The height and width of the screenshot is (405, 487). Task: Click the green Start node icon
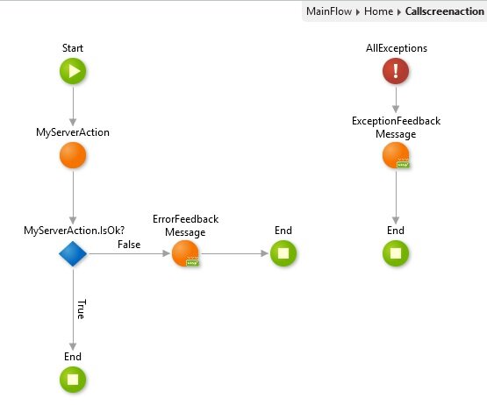pyautogui.click(x=73, y=71)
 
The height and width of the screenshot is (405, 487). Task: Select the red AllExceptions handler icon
pyautogui.click(x=396, y=71)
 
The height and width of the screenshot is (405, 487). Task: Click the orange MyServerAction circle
pyautogui.click(x=73, y=155)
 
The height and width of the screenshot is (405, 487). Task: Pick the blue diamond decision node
pyautogui.click(x=73, y=253)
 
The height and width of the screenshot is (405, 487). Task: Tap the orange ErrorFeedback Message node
pyautogui.click(x=185, y=253)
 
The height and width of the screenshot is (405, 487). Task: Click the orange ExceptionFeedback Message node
pyautogui.click(x=396, y=155)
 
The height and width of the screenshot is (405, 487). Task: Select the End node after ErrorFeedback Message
pyautogui.click(x=283, y=253)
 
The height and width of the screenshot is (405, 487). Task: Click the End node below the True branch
pyautogui.click(x=73, y=380)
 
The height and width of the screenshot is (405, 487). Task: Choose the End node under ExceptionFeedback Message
pyautogui.click(x=396, y=253)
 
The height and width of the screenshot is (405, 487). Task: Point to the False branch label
pyautogui.click(x=129, y=245)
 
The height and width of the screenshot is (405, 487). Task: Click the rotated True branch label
pyautogui.click(x=82, y=309)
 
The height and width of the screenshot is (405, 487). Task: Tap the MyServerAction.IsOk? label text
pyautogui.click(x=75, y=231)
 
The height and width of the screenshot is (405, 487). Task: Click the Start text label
pyautogui.click(x=73, y=48)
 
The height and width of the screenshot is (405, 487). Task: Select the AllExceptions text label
pyautogui.click(x=397, y=48)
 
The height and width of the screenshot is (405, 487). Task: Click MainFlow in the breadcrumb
pyautogui.click(x=329, y=11)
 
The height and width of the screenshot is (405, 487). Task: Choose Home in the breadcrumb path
pyautogui.click(x=378, y=11)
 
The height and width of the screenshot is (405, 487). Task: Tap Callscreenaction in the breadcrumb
pyautogui.click(x=445, y=11)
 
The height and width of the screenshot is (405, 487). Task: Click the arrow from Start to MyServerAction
pyautogui.click(x=73, y=106)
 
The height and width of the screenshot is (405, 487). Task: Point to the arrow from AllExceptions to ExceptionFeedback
pyautogui.click(x=396, y=100)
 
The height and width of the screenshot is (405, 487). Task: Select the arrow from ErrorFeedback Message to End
pyautogui.click(x=234, y=253)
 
